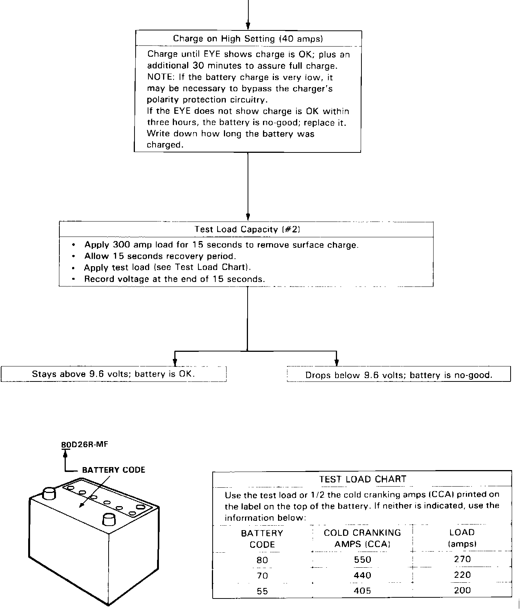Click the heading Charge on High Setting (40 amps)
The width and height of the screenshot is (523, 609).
[x=248, y=39]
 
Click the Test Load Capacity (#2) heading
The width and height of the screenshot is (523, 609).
[x=247, y=229]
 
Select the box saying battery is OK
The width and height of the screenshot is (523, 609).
[x=113, y=374]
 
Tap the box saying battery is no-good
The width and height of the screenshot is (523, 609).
[x=399, y=375]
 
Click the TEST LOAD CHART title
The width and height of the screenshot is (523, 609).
[x=363, y=479]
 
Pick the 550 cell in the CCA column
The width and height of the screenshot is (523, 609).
[x=363, y=559]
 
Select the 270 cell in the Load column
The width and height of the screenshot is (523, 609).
[x=462, y=559]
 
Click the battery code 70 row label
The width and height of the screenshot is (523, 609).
[x=262, y=575]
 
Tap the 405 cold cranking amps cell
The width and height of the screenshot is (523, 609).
[x=363, y=591]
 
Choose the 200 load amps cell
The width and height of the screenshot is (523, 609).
[x=462, y=590]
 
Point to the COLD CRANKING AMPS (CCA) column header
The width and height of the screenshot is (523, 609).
[x=363, y=538]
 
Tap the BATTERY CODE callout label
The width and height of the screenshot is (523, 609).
[x=113, y=470]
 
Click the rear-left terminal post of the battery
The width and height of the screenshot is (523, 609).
[x=49, y=493]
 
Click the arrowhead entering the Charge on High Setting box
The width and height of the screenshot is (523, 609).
[x=248, y=26]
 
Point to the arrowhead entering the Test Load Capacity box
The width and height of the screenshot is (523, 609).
[x=248, y=217]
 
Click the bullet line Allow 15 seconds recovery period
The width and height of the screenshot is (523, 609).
[x=160, y=256]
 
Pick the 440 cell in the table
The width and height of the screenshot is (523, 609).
[x=363, y=575]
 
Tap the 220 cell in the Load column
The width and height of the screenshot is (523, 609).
[x=462, y=575]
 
